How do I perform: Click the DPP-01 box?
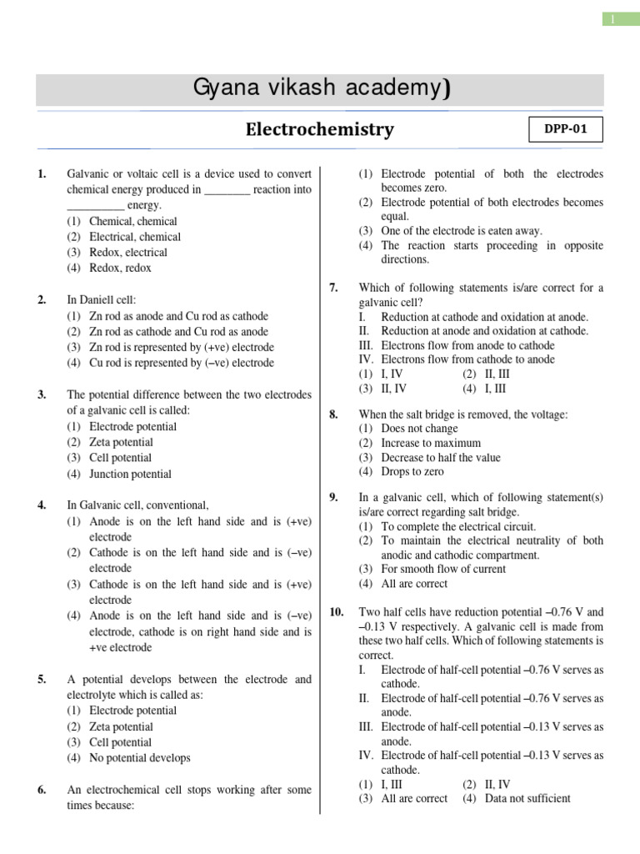(565, 130)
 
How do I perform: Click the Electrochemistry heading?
(319, 130)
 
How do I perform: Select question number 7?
(333, 288)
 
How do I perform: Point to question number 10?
(337, 611)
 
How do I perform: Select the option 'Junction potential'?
(130, 474)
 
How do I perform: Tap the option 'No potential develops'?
(139, 758)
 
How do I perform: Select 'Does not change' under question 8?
(419, 428)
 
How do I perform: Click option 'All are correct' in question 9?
(414, 584)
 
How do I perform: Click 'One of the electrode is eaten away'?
(461, 230)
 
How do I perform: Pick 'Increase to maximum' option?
(430, 443)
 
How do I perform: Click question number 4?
(42, 505)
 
